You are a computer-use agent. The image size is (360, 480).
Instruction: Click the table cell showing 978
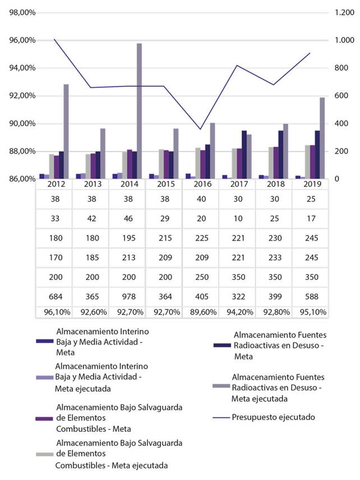pos(127,297)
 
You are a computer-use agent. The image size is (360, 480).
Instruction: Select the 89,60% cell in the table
pos(200,312)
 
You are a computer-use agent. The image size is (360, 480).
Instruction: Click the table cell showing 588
pos(310,297)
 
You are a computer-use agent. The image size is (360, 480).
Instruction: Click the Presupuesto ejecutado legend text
pos(273,417)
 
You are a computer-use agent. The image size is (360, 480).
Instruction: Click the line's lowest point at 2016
pos(201,130)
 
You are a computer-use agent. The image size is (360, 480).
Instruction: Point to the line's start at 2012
pos(54,39)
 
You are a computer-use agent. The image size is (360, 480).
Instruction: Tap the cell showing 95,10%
pos(310,312)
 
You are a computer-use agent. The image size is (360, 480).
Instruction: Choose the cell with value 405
pos(200,297)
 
